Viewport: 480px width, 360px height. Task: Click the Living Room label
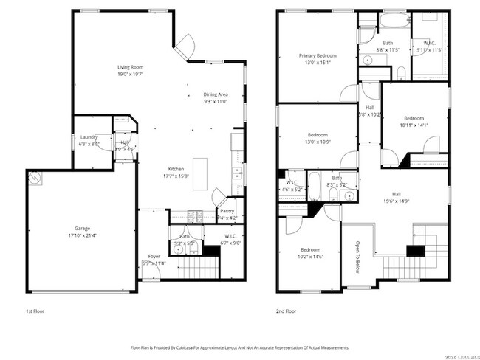point(129,68)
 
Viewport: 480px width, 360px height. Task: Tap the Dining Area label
point(215,94)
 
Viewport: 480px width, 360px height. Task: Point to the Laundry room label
point(89,136)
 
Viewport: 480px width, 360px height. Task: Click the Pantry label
point(227,211)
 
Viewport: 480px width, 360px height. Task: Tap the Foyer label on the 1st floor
point(154,256)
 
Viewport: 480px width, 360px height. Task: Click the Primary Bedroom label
point(318,56)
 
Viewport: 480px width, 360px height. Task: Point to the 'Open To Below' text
point(357,255)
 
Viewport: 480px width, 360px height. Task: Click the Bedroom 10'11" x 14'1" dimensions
point(413,125)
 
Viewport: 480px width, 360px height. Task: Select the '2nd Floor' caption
point(286,311)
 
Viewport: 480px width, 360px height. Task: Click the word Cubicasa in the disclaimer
point(183,347)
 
